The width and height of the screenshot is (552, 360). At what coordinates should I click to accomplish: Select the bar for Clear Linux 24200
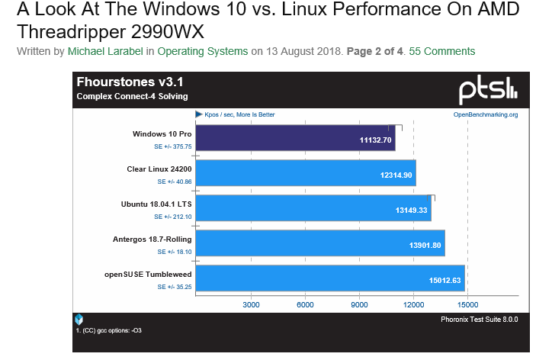(x=305, y=175)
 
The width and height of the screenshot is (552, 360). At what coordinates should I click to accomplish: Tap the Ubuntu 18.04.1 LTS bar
(x=313, y=211)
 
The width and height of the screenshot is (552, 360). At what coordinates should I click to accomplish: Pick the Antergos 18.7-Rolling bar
(x=320, y=246)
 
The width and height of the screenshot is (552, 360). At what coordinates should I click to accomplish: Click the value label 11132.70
(x=375, y=140)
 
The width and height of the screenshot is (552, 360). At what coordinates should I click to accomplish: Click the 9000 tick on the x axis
(x=359, y=304)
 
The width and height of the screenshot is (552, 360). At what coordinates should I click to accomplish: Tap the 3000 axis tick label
(x=251, y=304)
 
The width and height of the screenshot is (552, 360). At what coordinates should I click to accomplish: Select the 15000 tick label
(x=467, y=304)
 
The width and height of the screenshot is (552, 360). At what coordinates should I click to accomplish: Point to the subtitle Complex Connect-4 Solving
(x=132, y=96)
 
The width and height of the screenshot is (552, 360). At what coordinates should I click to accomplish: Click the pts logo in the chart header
(x=487, y=90)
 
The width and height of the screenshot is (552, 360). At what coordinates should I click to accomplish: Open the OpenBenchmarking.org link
(x=486, y=114)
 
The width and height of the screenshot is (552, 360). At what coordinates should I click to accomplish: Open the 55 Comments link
(x=442, y=51)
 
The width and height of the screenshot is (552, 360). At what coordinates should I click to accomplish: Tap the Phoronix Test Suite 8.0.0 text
(x=480, y=320)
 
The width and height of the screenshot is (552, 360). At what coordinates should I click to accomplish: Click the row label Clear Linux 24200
(x=159, y=169)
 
